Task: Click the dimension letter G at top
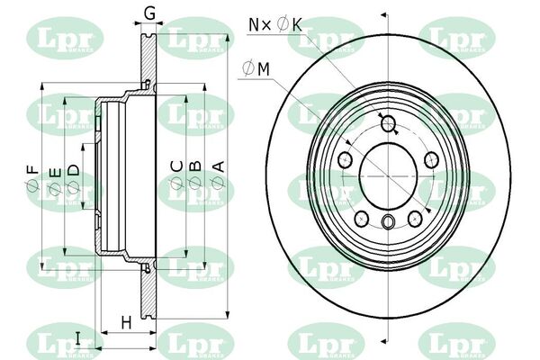coord(149,13)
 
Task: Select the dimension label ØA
coord(219,175)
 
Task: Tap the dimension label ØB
coord(195,175)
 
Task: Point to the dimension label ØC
coord(176,175)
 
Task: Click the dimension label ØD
coord(73,178)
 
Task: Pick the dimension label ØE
coord(55,181)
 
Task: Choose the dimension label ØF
coord(32,178)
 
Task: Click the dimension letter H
coord(126,323)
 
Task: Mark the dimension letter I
coord(77,338)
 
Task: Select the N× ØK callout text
coord(275,25)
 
